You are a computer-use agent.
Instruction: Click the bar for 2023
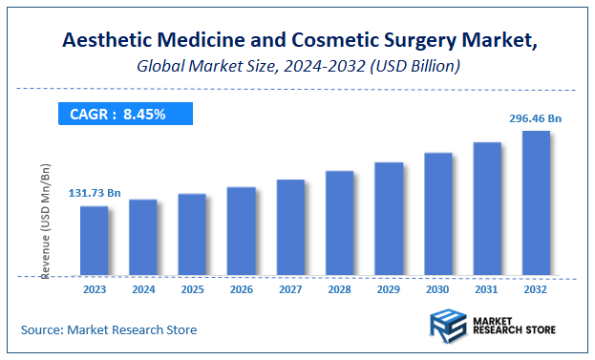[x=94, y=241]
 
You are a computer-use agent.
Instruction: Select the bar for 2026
[x=241, y=231]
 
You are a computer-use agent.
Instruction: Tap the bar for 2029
[x=389, y=219]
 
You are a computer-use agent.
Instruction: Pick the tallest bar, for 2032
[x=536, y=203]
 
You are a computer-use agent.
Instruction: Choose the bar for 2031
[x=487, y=209]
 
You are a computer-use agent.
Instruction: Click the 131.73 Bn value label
[x=94, y=194]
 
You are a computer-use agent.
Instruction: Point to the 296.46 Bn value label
[x=536, y=119]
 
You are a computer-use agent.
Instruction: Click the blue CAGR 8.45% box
[x=121, y=115]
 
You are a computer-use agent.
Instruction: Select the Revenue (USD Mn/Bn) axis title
[x=45, y=221]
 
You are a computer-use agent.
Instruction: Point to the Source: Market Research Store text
[x=109, y=329]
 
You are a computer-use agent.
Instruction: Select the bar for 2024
[x=143, y=238]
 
